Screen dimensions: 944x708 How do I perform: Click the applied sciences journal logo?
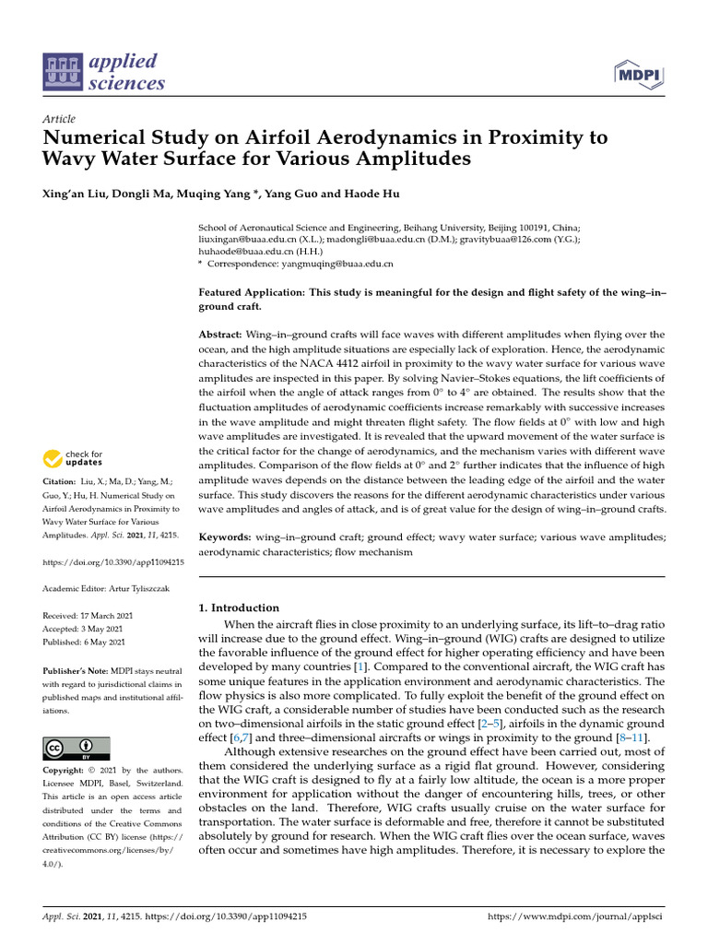(104, 73)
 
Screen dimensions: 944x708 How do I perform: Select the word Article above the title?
(59, 119)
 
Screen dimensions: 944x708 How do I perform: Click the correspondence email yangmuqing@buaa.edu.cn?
(336, 264)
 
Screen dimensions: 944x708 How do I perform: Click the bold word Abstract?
(221, 334)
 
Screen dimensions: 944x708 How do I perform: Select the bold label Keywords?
(225, 537)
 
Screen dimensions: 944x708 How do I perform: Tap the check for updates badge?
(73, 457)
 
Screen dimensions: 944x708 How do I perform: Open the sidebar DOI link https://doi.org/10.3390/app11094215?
(113, 561)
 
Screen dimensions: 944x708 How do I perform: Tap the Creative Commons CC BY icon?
(77, 748)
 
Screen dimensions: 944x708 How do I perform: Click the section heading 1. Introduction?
(239, 608)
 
